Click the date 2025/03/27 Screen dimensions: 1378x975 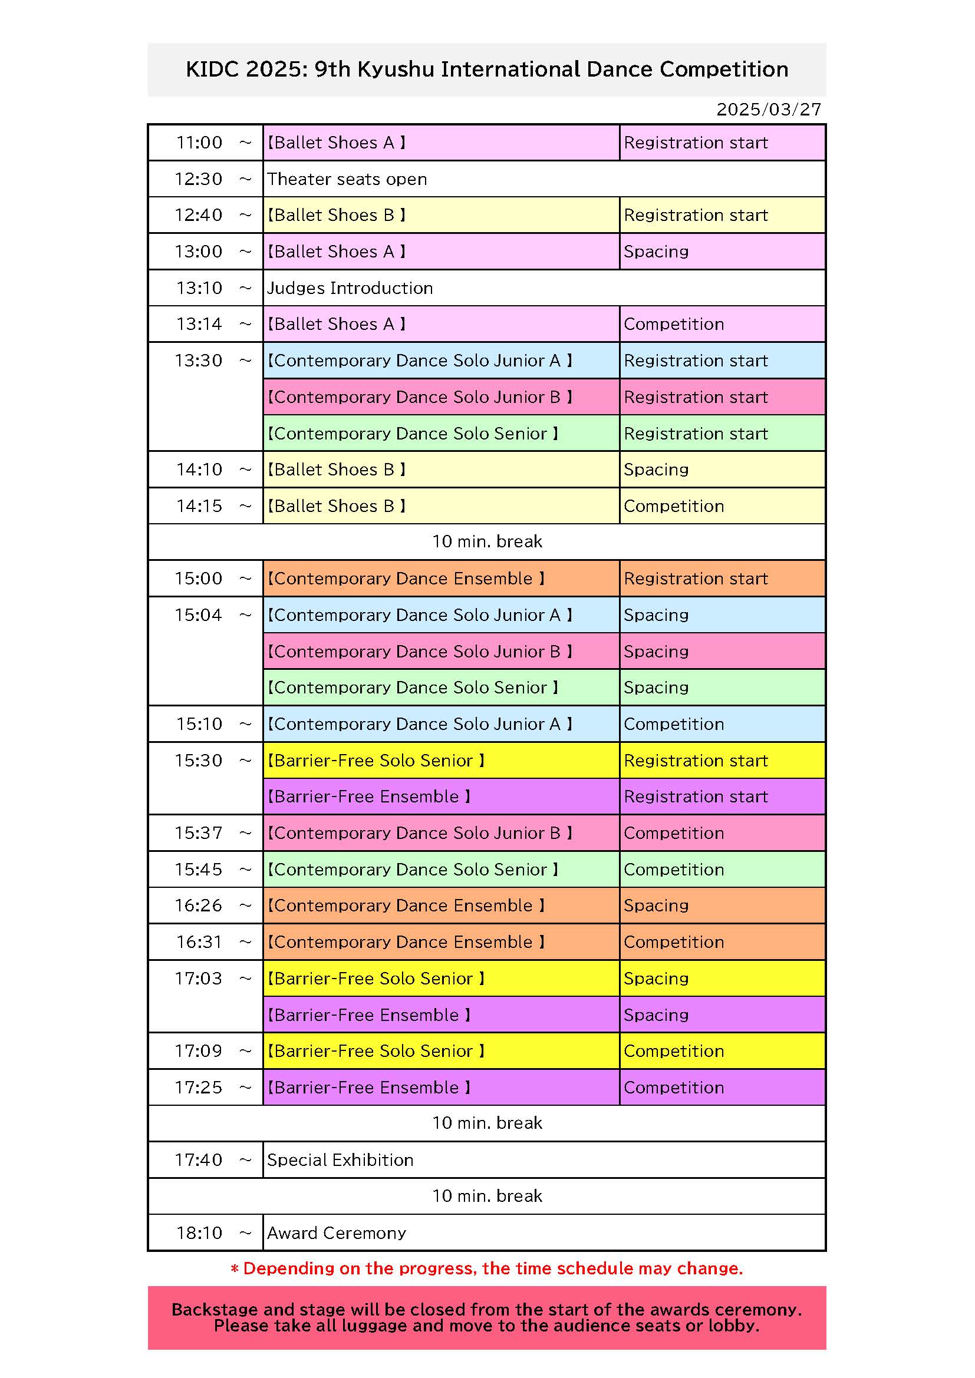769,109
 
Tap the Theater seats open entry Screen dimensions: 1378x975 347,179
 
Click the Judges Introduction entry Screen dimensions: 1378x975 350,288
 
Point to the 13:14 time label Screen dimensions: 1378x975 199,324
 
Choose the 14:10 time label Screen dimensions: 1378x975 199,470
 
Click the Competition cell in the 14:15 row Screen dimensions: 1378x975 674,506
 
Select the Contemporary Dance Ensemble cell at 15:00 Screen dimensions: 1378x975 406,579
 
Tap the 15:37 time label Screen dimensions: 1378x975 199,833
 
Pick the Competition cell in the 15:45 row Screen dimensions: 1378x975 674,870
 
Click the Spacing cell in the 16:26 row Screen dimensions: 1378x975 656,906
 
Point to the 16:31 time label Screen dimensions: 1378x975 199,942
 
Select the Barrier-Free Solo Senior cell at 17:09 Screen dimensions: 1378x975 376,1051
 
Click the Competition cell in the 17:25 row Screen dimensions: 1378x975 674,1088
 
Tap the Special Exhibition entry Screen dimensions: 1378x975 340,1160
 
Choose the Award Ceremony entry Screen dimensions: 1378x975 337,1232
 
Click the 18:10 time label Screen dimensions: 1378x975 199,1232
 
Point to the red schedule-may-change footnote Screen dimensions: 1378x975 487,1268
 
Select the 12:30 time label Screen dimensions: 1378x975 199,179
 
